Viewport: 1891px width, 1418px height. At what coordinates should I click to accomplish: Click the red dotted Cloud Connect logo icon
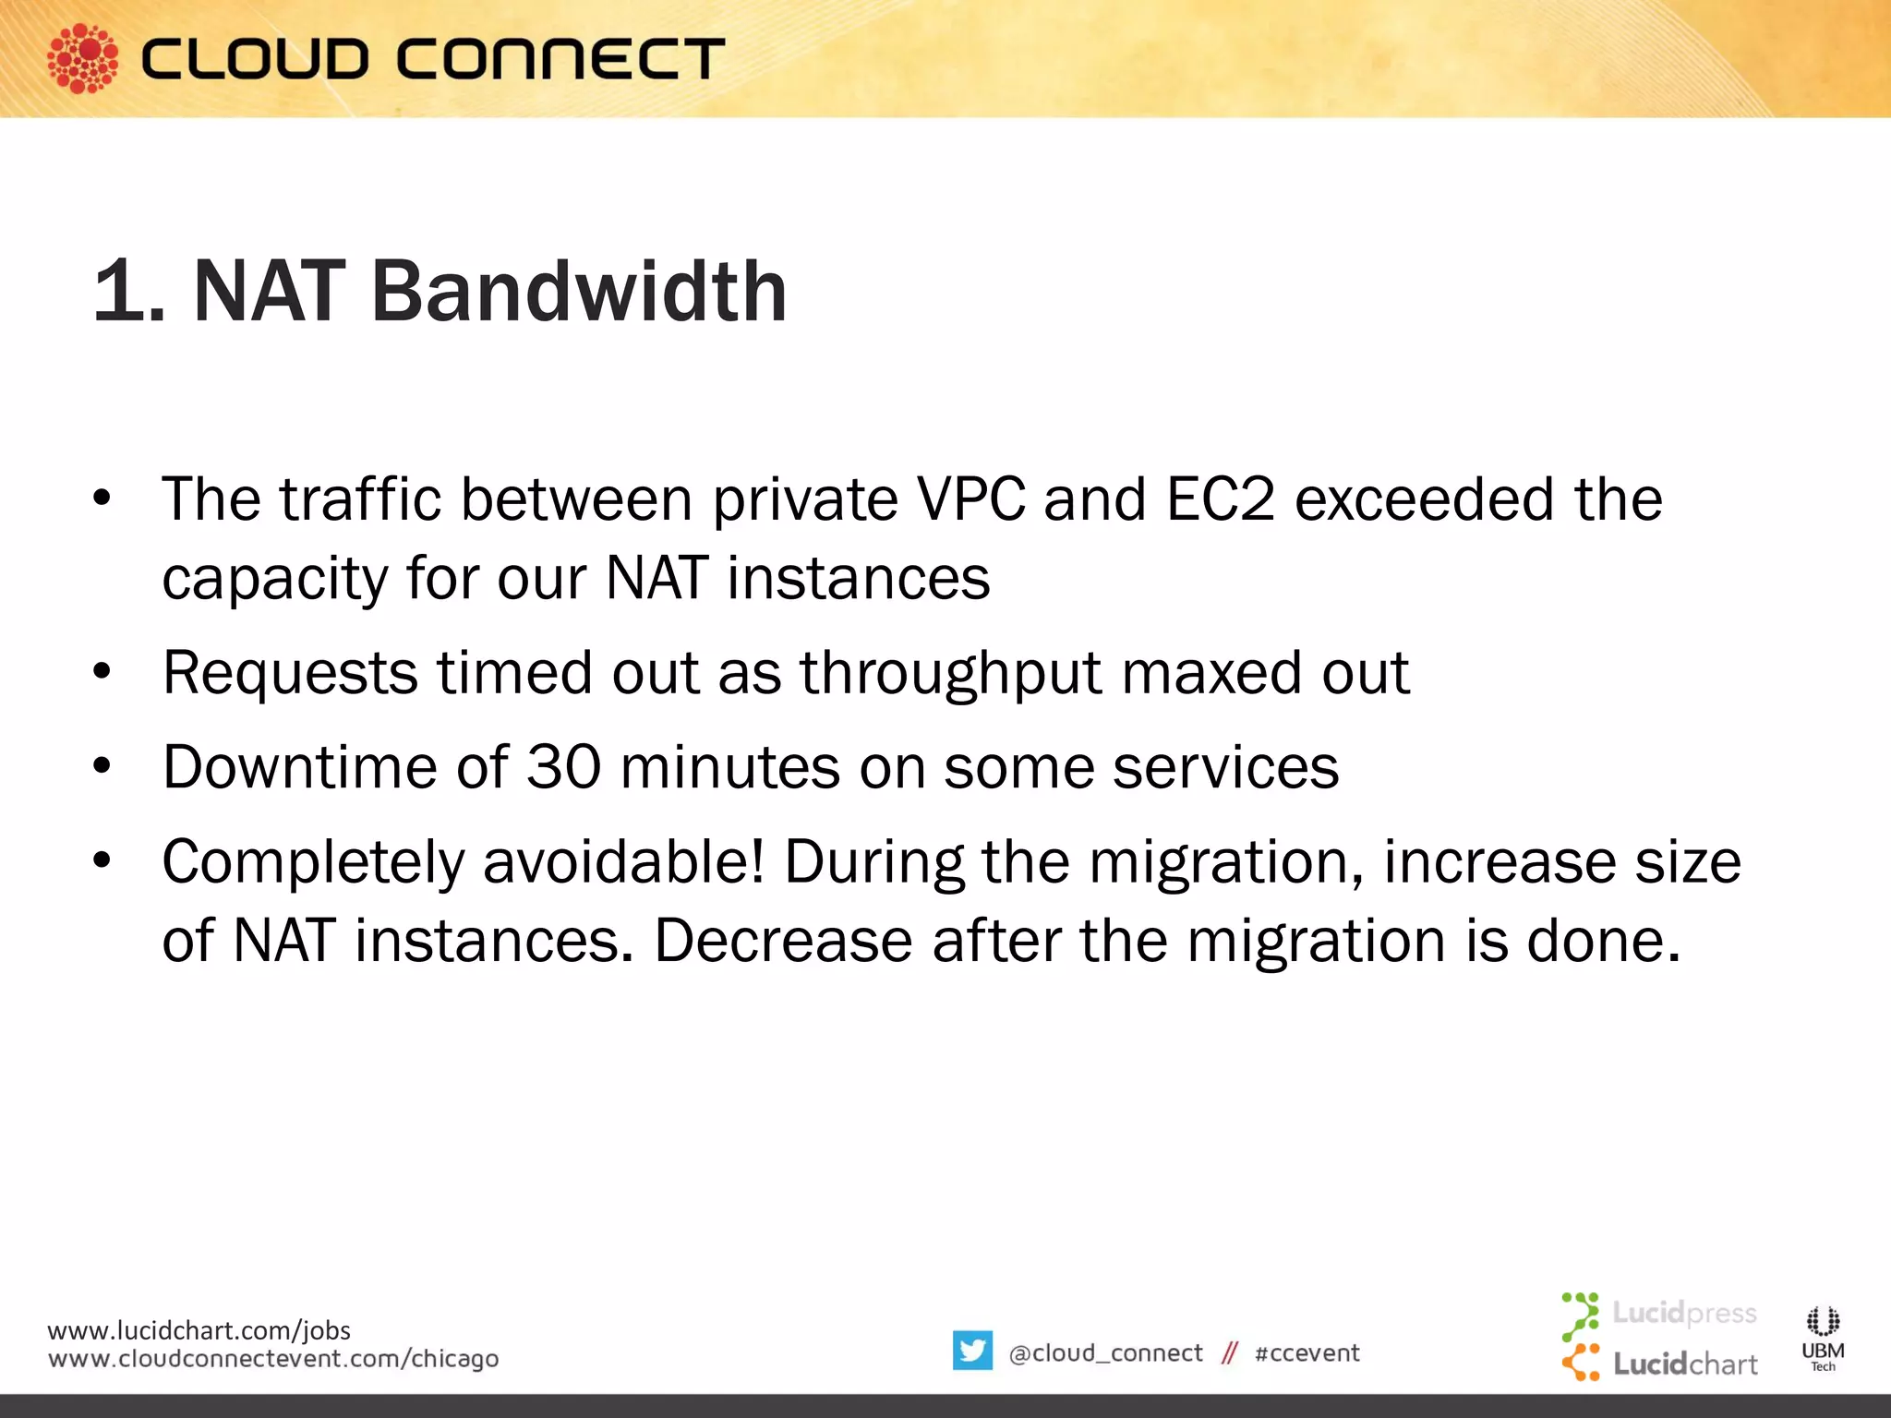coord(83,58)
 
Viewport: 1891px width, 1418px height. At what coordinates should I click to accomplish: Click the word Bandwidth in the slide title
coord(579,292)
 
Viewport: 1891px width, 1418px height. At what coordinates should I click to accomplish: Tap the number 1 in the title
coord(120,292)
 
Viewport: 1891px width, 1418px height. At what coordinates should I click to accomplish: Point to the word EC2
coord(1221,499)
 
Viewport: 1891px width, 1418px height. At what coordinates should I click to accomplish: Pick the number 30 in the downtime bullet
coord(563,766)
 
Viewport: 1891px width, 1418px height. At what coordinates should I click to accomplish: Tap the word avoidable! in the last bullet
coord(624,861)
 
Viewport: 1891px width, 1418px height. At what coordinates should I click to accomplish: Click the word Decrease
coord(783,941)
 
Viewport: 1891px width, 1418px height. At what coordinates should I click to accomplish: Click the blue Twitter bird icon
coord(972,1351)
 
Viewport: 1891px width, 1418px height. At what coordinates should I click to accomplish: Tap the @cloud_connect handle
coord(1105,1353)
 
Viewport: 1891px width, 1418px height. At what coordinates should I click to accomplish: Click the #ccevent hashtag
coord(1307,1353)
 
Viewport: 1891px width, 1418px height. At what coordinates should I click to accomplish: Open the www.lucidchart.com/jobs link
coord(199,1330)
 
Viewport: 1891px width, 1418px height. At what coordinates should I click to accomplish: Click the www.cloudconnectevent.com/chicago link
coord(273,1359)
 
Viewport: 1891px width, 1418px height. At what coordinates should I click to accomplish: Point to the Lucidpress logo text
coord(1684,1313)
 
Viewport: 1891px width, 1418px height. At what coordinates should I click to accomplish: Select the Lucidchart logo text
coord(1685,1364)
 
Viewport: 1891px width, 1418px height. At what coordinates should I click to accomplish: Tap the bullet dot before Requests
coord(102,671)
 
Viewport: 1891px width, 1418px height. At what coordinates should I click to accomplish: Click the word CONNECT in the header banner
coord(561,59)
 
